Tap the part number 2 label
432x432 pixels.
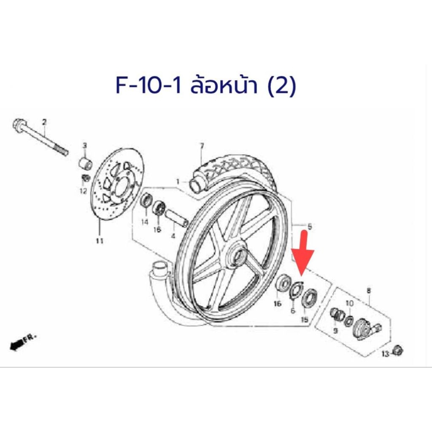[44, 122]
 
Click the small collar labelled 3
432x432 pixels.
[85, 162]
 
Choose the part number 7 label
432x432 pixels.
[202, 146]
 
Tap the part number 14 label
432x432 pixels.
[145, 221]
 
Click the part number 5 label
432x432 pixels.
[310, 227]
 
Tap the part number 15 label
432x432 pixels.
[305, 320]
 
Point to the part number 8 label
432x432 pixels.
[369, 290]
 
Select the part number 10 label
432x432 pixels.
[349, 304]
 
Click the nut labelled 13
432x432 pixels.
[397, 351]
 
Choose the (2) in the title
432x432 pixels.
[282, 86]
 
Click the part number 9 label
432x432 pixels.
[335, 330]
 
